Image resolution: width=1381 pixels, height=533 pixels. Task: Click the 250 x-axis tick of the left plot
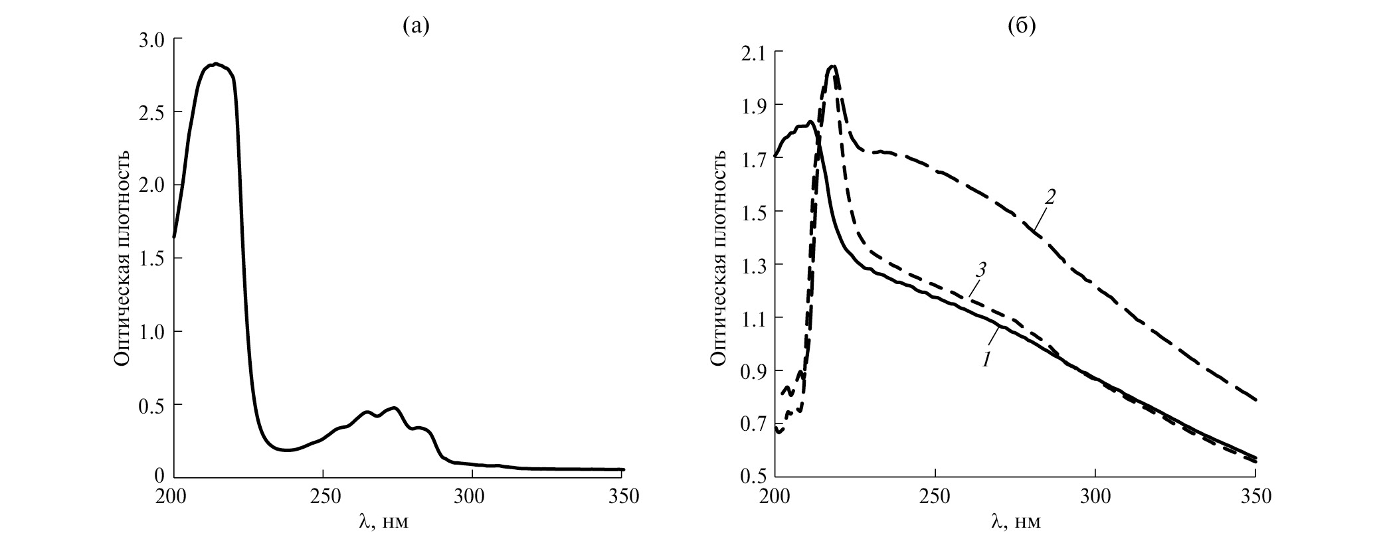click(x=322, y=496)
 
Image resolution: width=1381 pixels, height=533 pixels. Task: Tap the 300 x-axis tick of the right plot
click(x=1095, y=496)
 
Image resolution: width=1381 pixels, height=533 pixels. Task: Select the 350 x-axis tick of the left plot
click(x=622, y=496)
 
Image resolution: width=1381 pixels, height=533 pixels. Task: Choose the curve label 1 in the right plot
click(x=987, y=359)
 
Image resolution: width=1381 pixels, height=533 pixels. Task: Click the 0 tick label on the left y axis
click(x=159, y=476)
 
